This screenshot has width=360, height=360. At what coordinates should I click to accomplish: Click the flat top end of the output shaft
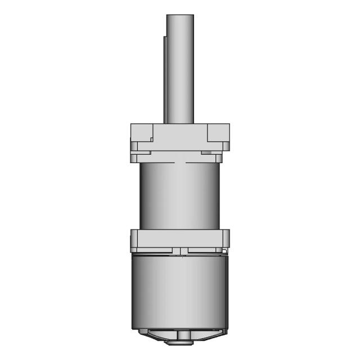click(x=180, y=15)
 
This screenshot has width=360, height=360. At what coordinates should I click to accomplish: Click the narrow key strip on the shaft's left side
click(x=165, y=79)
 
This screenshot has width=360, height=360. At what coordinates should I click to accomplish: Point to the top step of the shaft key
click(x=165, y=37)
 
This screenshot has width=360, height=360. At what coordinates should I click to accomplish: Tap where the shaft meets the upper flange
click(x=180, y=123)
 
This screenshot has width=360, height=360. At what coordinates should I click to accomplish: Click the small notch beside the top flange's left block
click(x=152, y=138)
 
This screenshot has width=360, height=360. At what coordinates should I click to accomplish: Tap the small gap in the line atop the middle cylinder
click(x=180, y=163)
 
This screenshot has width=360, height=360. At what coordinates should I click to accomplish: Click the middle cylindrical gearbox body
click(x=180, y=197)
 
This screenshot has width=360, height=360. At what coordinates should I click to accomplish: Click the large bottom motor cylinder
click(x=180, y=292)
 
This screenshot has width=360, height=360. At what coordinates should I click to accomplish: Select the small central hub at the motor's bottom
click(x=181, y=336)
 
